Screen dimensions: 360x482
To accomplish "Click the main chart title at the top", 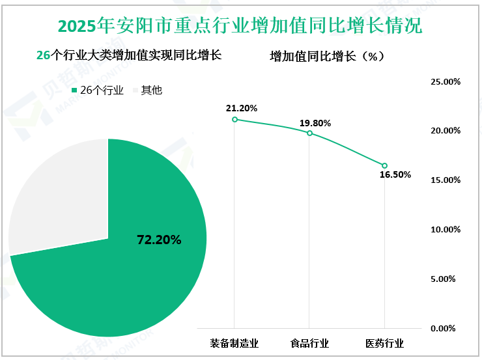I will [x=240, y=25].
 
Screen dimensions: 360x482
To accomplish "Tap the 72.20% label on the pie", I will [x=159, y=240].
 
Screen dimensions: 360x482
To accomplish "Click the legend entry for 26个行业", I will [x=97, y=90].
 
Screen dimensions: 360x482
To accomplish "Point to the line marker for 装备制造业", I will [x=234, y=119].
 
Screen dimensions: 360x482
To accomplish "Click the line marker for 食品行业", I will [x=309, y=133].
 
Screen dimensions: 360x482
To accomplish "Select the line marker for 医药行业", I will [x=384, y=165].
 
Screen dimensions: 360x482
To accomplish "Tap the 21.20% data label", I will [x=242, y=107].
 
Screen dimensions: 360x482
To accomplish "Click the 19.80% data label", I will [x=315, y=122].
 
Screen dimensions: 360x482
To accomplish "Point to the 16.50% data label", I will [x=395, y=175].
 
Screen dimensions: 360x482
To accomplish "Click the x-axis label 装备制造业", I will [x=234, y=343].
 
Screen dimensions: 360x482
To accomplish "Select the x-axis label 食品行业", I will [x=309, y=343].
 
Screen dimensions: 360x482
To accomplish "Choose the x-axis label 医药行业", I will [x=384, y=343].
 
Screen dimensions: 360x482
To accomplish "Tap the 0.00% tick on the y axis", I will [x=447, y=328].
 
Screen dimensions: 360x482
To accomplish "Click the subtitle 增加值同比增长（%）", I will [x=327, y=57].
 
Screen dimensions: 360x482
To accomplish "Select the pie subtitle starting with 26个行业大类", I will [x=129, y=56].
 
